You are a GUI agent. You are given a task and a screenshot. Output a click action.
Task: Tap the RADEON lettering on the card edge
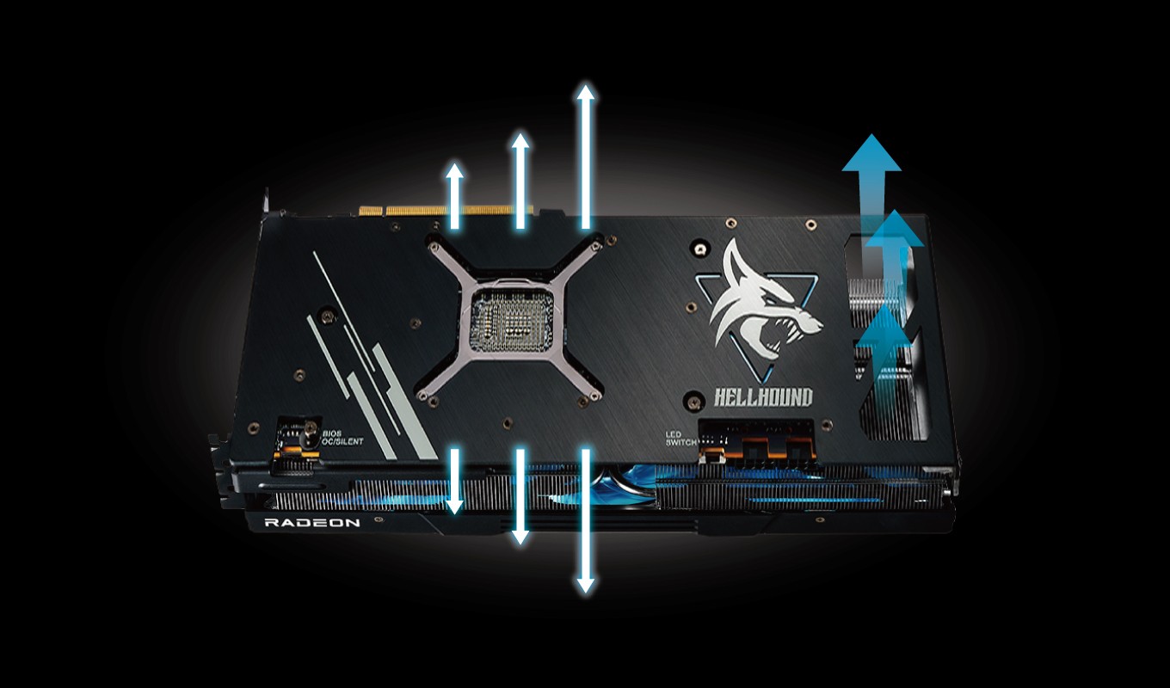pyautogui.click(x=312, y=523)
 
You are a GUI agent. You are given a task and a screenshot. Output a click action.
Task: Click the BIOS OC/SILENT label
pyautogui.click(x=342, y=438)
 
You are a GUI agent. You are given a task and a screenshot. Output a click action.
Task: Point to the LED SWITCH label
pyautogui.click(x=681, y=438)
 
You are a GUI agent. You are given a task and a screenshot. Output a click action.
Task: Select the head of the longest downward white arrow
pyautogui.click(x=586, y=585)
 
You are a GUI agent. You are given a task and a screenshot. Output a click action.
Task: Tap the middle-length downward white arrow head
pyautogui.click(x=520, y=536)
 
